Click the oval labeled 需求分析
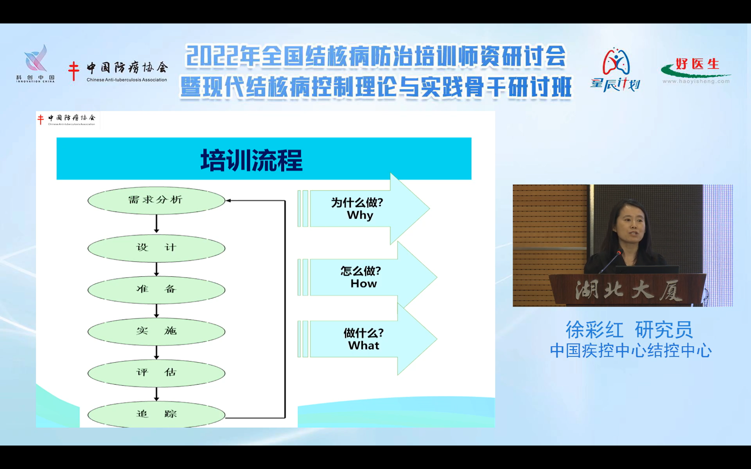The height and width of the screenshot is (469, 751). (156, 200)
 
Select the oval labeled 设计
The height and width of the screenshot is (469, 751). (156, 248)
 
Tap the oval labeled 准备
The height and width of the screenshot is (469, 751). (156, 290)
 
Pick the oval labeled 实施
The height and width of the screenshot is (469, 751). (156, 331)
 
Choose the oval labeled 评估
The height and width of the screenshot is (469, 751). (156, 373)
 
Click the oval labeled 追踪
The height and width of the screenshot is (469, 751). (156, 414)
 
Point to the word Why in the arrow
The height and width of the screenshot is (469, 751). (360, 215)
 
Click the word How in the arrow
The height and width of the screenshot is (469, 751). (364, 283)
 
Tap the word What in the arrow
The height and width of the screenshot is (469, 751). (364, 346)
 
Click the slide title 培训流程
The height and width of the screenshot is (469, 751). (251, 160)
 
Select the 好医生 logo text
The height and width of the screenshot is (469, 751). (697, 64)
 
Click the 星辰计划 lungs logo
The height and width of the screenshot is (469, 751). (616, 70)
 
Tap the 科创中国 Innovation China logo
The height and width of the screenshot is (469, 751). (35, 63)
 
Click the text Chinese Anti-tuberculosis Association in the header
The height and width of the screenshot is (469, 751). (127, 80)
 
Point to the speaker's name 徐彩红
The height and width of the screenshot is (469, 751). (594, 329)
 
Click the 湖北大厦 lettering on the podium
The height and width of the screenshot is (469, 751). (629, 290)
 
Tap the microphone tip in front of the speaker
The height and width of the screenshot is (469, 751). (619, 252)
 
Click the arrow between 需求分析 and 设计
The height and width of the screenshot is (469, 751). (156, 224)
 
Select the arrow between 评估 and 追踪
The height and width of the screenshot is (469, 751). (156, 394)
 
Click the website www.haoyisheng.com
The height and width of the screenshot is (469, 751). (696, 81)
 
